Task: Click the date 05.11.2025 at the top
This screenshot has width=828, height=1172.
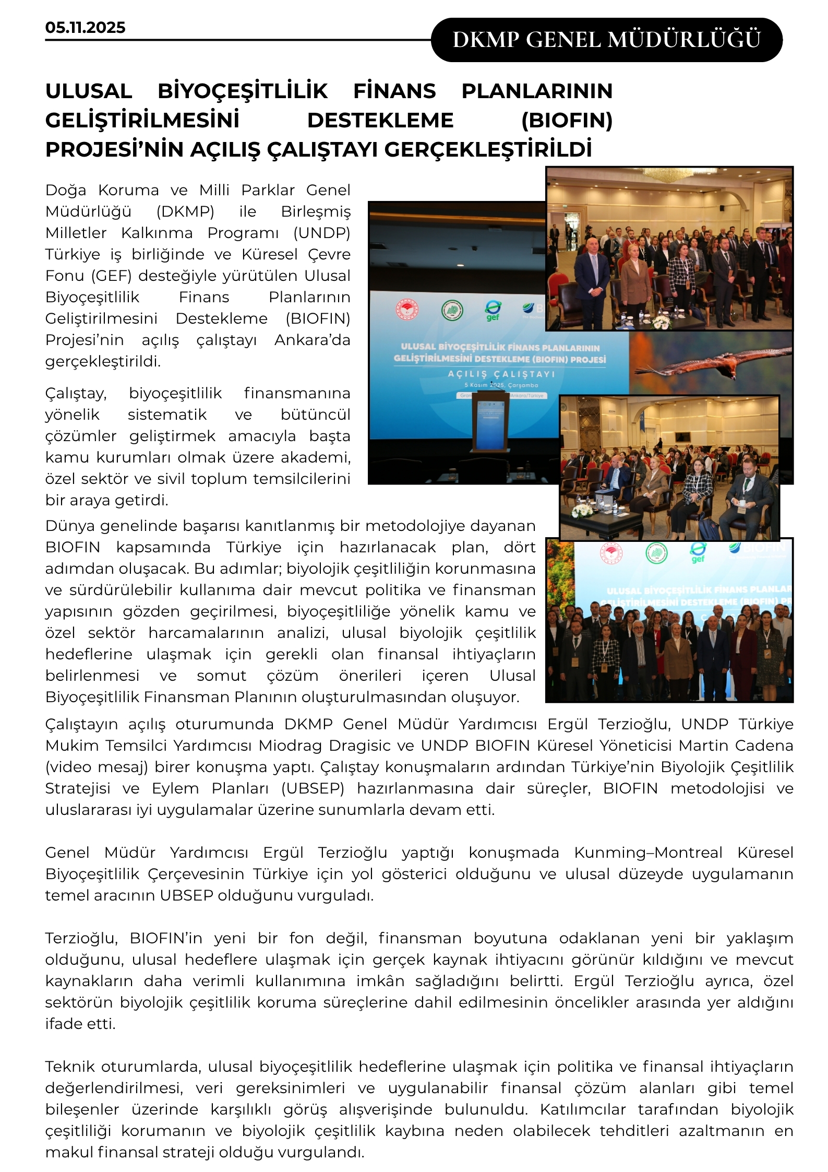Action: pyautogui.click(x=85, y=28)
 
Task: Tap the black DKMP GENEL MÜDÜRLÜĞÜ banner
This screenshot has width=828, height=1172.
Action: pyautogui.click(x=606, y=40)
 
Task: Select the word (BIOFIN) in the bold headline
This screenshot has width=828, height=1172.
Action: pyautogui.click(x=567, y=121)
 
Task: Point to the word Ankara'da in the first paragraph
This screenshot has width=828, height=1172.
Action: pyautogui.click(x=312, y=340)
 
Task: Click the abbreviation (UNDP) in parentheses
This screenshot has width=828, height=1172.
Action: pyautogui.click(x=321, y=233)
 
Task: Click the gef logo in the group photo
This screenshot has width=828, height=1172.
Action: pyautogui.click(x=698, y=552)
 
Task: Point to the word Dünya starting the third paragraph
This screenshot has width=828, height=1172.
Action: pyautogui.click(x=68, y=526)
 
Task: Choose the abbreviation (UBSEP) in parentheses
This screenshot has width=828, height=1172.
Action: pyautogui.click(x=313, y=788)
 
